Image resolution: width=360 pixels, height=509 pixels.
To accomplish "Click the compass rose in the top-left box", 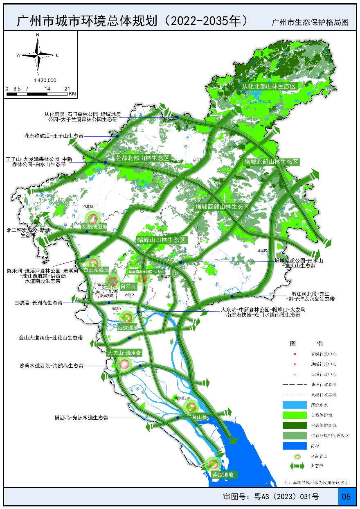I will (x=38, y=54).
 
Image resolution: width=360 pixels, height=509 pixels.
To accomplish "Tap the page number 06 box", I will (x=346, y=497).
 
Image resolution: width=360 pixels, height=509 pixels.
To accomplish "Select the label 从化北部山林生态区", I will (x=269, y=86).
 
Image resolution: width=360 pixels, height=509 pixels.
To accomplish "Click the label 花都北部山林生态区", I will (x=142, y=158).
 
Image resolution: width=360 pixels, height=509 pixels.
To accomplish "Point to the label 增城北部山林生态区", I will (x=271, y=162).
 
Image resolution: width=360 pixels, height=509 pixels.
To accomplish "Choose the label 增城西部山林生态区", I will (x=222, y=207).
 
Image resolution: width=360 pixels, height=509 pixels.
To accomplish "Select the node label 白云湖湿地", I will (x=96, y=270).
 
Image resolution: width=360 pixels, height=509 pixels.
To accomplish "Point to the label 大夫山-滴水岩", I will (x=124, y=353).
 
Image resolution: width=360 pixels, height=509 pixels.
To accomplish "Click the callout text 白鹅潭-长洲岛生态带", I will (x=38, y=303).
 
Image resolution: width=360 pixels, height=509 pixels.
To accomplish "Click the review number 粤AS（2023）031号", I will (x=271, y=497).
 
